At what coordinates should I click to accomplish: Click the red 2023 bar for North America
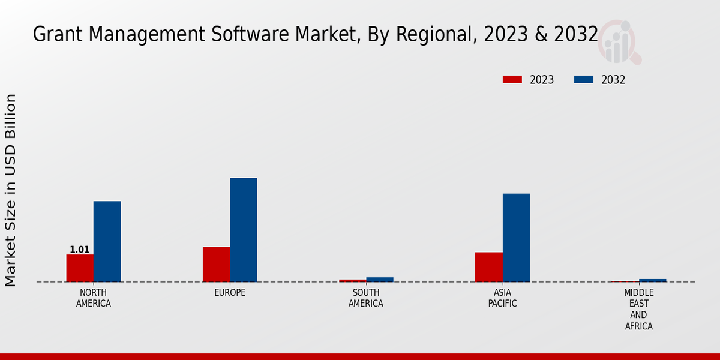click(80, 268)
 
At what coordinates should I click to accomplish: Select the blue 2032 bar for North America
click(107, 241)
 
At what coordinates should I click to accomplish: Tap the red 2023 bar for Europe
click(216, 264)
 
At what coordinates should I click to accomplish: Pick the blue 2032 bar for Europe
click(244, 230)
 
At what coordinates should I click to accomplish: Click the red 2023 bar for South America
click(352, 280)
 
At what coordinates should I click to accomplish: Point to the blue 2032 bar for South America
click(380, 280)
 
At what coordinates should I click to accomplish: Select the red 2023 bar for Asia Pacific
click(488, 267)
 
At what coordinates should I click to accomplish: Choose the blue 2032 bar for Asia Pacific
click(516, 238)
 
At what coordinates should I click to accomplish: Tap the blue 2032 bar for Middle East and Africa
click(652, 280)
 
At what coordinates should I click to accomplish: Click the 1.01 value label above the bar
click(80, 250)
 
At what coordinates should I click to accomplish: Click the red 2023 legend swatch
click(512, 80)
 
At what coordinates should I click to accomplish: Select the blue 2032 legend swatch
click(584, 80)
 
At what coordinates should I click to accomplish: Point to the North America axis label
click(94, 298)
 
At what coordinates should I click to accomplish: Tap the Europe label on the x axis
click(230, 293)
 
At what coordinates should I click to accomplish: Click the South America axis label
click(366, 298)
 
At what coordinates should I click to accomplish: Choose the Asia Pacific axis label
click(502, 298)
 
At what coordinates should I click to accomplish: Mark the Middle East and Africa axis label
click(638, 310)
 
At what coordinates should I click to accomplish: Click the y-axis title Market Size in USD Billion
click(11, 190)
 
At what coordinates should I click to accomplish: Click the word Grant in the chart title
click(53, 35)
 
